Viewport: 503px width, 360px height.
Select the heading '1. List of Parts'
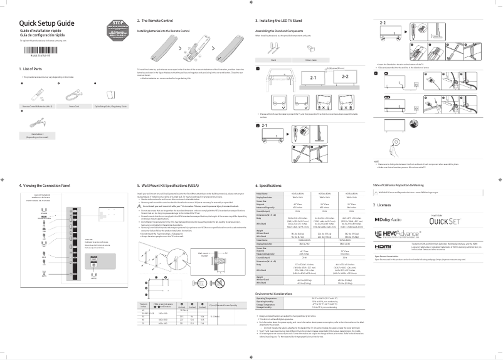coord(33,69)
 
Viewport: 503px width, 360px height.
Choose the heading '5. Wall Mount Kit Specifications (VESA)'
coord(179,186)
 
